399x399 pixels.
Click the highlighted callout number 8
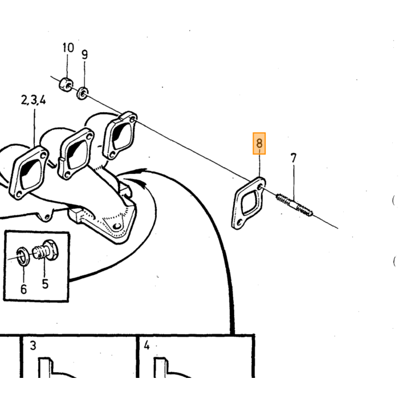click(x=259, y=143)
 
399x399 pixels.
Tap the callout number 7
click(x=294, y=158)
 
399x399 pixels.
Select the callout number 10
click(x=68, y=47)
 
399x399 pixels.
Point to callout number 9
click(x=84, y=55)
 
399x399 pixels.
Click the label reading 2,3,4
click(x=33, y=100)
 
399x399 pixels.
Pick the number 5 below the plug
click(x=45, y=284)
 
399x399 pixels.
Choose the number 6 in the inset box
click(x=23, y=290)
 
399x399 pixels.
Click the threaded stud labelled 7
click(x=295, y=205)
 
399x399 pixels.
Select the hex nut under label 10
click(x=66, y=84)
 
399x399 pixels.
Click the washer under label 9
click(x=83, y=93)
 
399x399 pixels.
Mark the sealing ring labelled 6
click(x=23, y=256)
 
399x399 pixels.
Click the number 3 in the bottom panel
click(x=33, y=345)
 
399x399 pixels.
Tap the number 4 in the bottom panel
click(x=146, y=345)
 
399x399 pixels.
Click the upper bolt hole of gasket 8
click(x=260, y=188)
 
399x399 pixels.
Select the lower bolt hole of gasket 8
click(x=239, y=222)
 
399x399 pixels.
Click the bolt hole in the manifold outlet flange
click(x=117, y=226)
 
